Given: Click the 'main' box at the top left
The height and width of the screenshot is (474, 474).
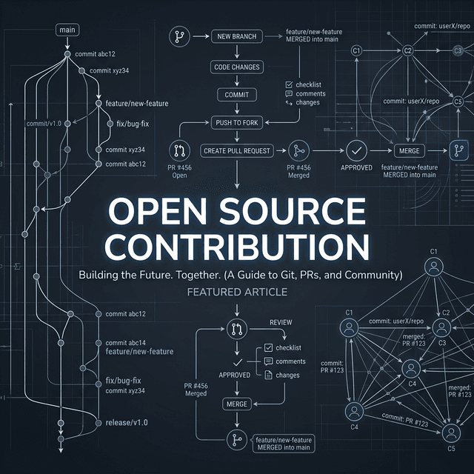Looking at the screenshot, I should point(67,30).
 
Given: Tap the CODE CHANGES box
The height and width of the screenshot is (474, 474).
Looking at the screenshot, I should point(236,67).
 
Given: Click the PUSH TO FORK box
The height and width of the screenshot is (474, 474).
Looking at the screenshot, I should point(236,122).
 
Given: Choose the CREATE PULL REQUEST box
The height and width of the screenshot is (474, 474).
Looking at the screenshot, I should point(236,150).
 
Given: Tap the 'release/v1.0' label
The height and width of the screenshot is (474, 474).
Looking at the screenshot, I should point(127,422).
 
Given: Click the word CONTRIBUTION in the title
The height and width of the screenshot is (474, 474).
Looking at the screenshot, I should point(236,247).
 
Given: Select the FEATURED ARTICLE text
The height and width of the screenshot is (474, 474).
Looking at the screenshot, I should point(236,293).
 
